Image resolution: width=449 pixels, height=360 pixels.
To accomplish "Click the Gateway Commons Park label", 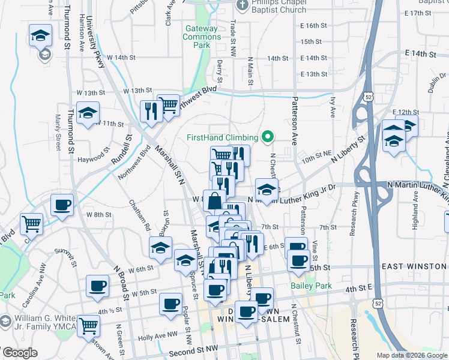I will (202, 37).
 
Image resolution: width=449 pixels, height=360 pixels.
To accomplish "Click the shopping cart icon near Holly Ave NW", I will (88, 326).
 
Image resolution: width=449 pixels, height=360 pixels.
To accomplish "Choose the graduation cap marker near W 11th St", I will (88, 113).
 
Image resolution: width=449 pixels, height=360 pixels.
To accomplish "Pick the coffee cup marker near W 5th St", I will (97, 286).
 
